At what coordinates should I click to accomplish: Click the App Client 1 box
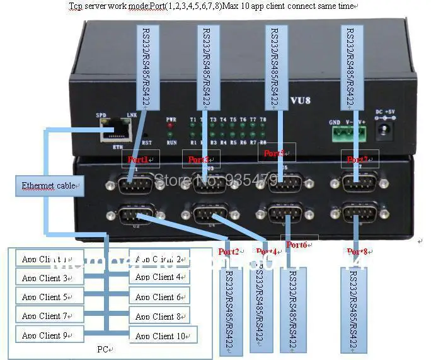coord(49,258)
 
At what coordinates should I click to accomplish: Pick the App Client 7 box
coord(49,316)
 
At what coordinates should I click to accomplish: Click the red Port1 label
coord(138,160)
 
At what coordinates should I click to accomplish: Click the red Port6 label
coord(296,244)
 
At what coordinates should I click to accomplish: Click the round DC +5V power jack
coord(384,131)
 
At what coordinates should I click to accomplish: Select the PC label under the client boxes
coord(104,349)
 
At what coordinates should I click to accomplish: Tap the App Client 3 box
coord(49,277)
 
